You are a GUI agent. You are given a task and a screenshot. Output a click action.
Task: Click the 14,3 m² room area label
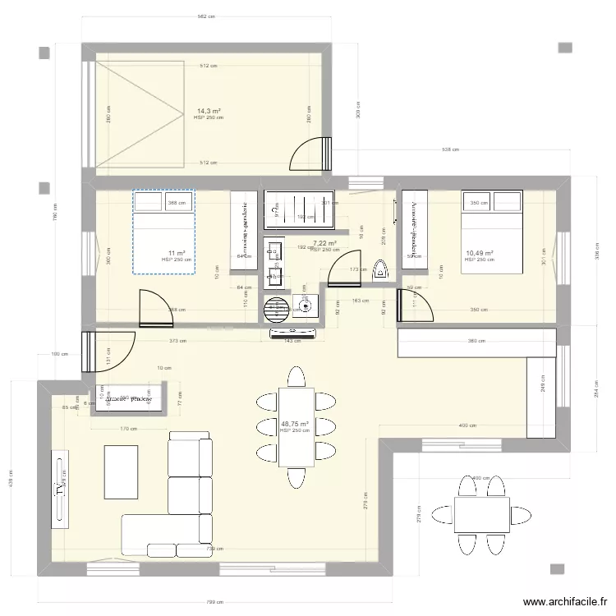click(x=208, y=110)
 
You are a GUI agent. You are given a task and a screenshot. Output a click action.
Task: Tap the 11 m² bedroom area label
click(x=177, y=253)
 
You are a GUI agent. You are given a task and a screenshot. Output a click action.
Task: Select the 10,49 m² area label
click(x=479, y=254)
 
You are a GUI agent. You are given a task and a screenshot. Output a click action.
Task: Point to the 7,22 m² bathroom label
click(x=325, y=244)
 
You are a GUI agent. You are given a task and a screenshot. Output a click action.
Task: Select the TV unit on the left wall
click(x=59, y=490)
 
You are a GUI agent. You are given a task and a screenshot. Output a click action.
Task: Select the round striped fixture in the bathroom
click(x=274, y=308)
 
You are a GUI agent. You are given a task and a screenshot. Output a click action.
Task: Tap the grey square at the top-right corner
click(x=566, y=48)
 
